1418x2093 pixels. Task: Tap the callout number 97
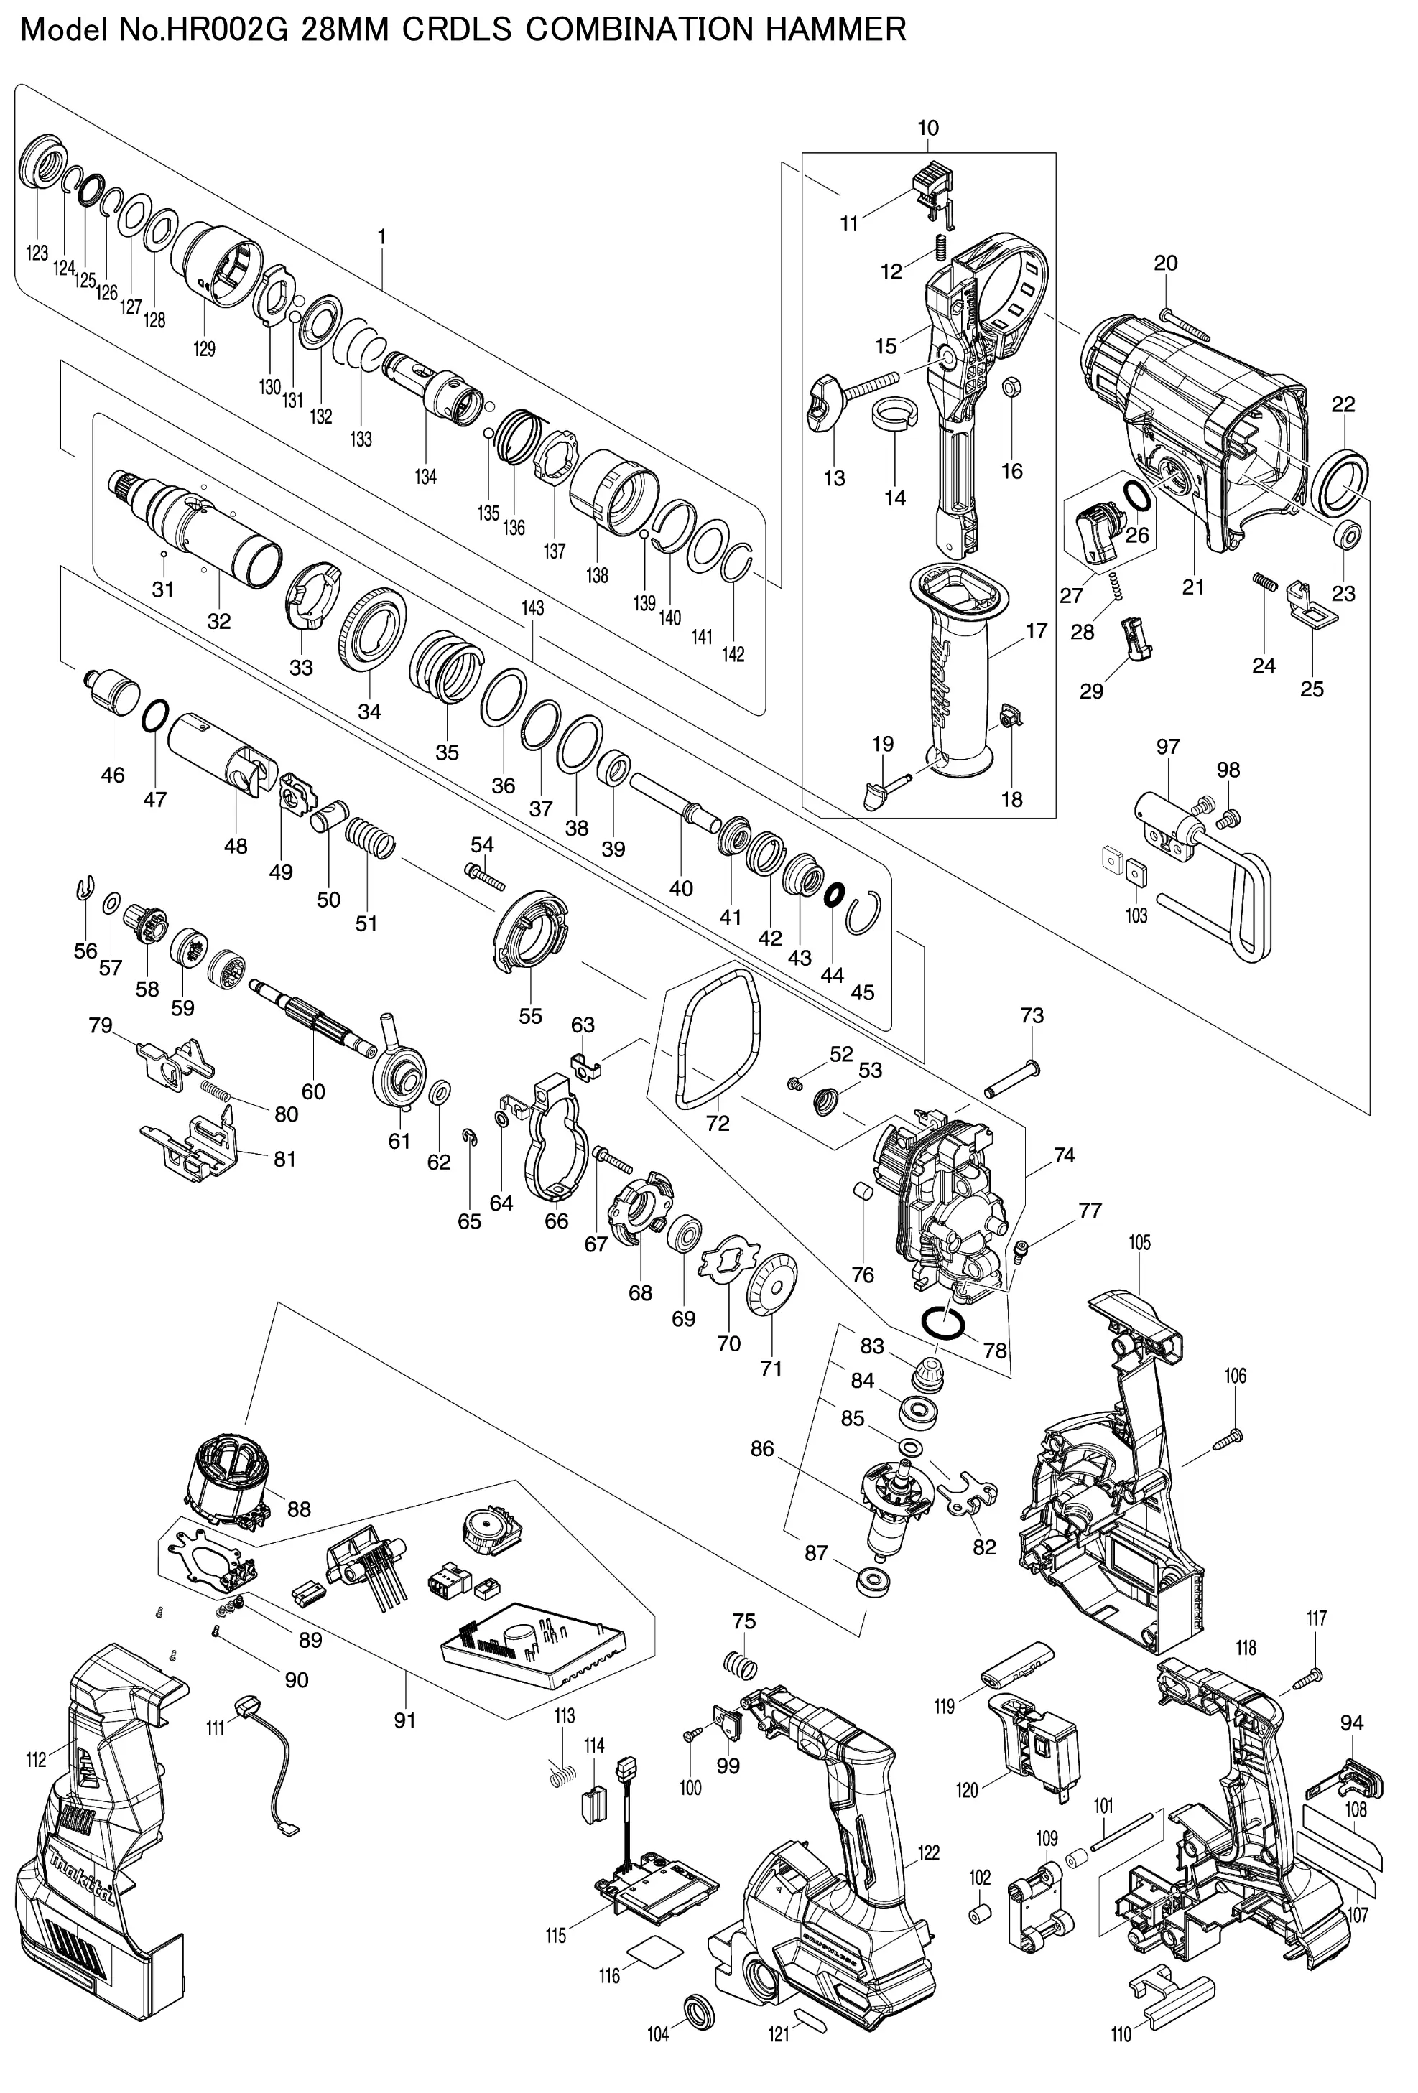(1169, 747)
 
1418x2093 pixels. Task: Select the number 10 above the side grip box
(928, 128)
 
